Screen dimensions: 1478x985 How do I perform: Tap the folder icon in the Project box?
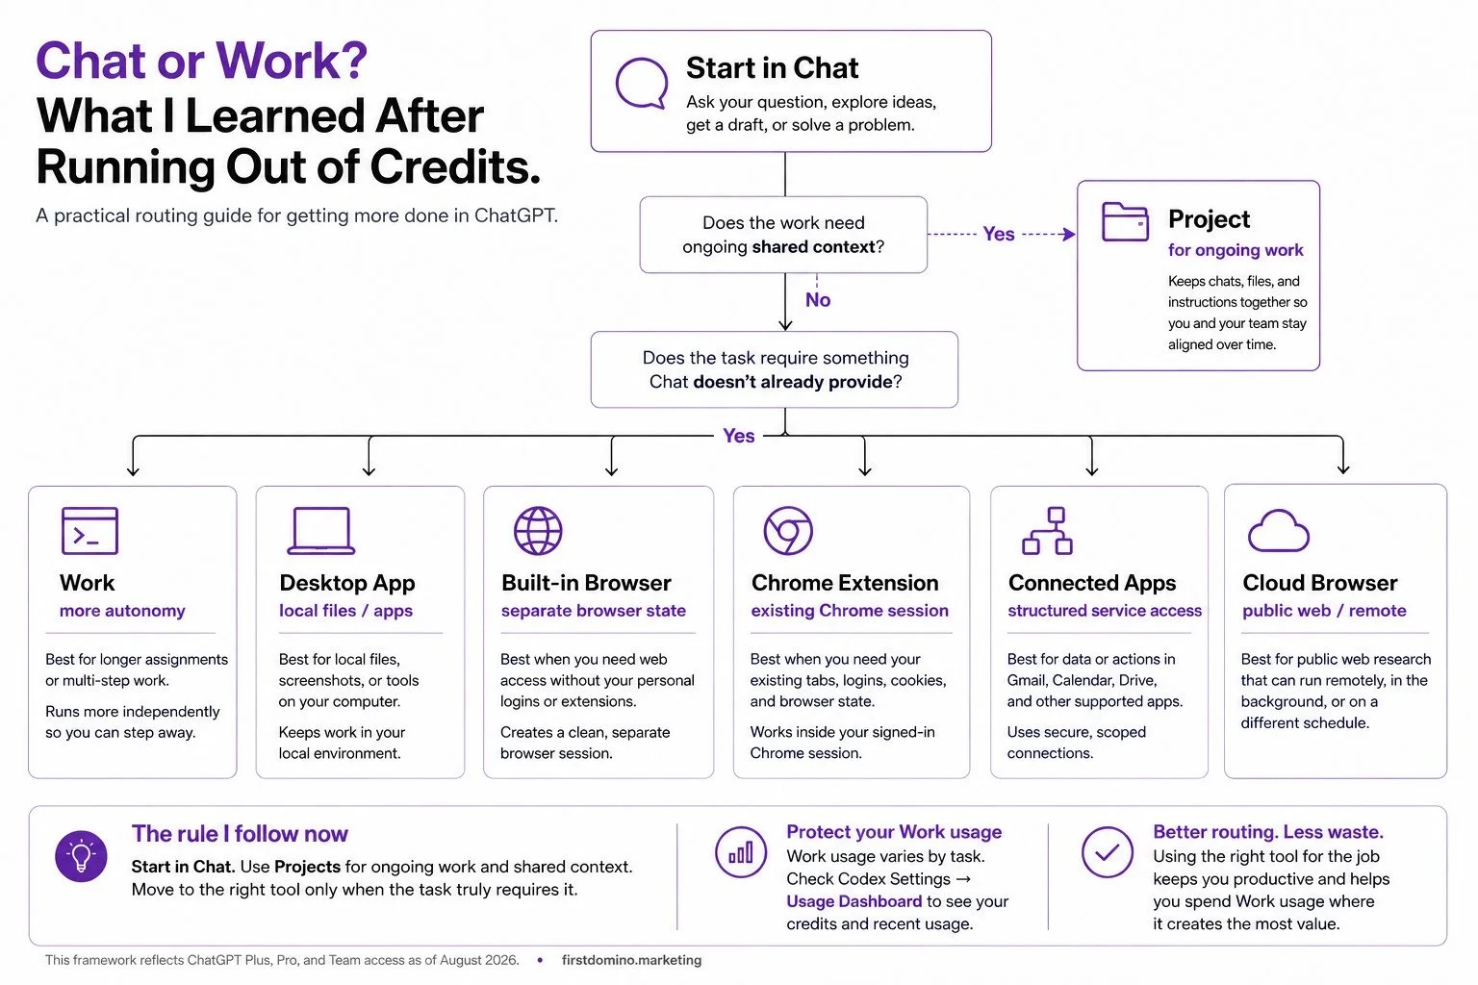pos(1125,221)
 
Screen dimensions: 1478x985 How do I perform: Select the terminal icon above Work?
pos(89,530)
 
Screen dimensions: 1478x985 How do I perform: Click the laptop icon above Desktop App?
pos(321,530)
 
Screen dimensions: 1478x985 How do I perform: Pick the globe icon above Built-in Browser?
pos(538,530)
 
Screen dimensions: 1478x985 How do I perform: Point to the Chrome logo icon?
pos(788,530)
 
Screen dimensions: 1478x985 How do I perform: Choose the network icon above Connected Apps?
pos(1047,530)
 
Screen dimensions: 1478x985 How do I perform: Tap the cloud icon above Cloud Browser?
pos(1278,530)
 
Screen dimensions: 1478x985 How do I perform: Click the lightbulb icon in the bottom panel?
pos(81,856)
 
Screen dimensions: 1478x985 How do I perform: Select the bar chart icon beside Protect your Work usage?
pos(741,851)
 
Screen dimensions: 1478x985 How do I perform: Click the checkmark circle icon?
pos(1108,851)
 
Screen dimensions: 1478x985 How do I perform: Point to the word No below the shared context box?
pos(818,299)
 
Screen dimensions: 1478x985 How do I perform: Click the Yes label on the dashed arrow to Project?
pos(998,234)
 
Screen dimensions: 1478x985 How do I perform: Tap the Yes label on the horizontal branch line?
pos(738,436)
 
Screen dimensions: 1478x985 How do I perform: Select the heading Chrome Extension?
pos(845,583)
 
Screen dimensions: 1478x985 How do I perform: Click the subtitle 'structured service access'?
pos(1105,610)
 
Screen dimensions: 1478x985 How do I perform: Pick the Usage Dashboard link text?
pos(854,901)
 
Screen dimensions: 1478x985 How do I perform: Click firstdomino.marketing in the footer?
pos(631,960)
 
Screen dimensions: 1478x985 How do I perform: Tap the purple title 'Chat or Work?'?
pos(201,61)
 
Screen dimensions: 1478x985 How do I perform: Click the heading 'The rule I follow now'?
pos(240,833)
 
